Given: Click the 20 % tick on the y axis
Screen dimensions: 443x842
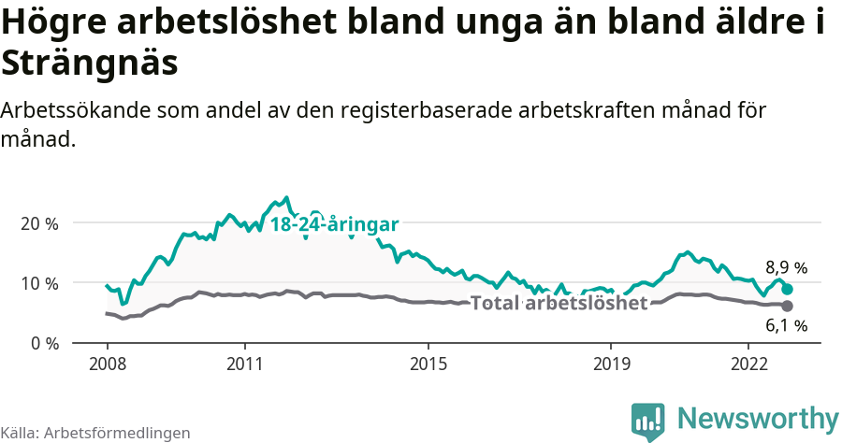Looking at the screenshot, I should [x=39, y=223].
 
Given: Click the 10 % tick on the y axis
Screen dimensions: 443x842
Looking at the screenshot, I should [x=39, y=283].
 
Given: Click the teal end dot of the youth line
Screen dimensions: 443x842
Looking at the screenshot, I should [x=788, y=290].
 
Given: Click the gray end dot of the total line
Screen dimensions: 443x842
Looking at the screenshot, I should [x=788, y=307].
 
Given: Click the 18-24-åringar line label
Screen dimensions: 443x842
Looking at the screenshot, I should [x=335, y=224].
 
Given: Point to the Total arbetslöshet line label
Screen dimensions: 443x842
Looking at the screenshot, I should [x=559, y=304].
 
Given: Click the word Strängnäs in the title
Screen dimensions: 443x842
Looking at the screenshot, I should [x=89, y=64].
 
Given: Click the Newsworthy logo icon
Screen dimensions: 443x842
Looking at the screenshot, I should [x=647, y=420].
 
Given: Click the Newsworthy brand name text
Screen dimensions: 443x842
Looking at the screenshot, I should [x=758, y=418].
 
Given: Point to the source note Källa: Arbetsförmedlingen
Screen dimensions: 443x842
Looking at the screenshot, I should [x=95, y=433].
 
